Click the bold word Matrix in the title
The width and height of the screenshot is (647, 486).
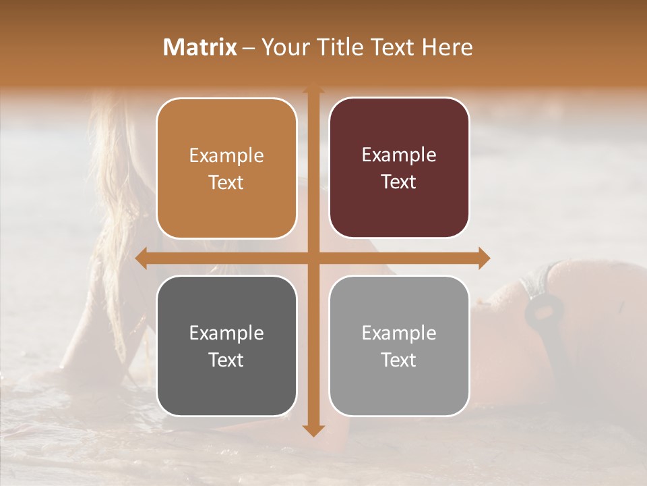pos(200,47)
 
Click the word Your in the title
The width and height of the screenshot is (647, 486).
pos(283,47)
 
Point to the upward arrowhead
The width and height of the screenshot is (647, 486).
pos(313,88)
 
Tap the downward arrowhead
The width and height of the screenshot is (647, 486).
pos(313,430)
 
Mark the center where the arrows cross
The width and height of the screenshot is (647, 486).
pos(313,259)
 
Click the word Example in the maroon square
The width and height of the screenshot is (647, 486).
pos(399,155)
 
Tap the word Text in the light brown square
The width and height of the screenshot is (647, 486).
pos(226,183)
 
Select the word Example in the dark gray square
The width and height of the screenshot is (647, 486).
pos(226,333)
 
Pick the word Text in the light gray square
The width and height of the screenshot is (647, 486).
pos(399,360)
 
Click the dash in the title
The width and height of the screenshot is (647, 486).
pos(249,48)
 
